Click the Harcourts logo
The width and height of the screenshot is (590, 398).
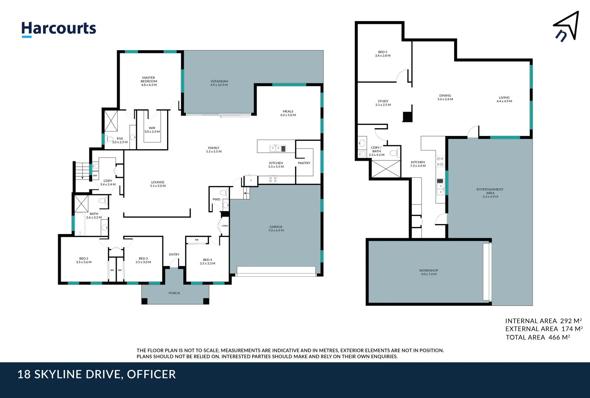coord(59,29)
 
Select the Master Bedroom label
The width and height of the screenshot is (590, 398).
coord(149,81)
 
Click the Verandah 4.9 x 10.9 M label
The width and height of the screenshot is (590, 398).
coord(219,83)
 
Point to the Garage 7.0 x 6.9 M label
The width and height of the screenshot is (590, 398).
coord(276,228)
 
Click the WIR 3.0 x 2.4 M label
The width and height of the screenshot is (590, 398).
coord(152,130)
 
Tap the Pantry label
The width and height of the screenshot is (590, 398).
coord(304,163)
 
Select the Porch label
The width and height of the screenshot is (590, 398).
coord(174,293)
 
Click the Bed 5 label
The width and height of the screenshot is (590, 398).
coord(383,54)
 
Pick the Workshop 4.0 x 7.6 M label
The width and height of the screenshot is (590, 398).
coord(428,272)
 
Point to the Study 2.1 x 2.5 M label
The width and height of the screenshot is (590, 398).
coord(383,103)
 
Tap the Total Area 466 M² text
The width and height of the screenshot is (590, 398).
coord(538,337)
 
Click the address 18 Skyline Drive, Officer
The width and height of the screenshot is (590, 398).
coord(97,374)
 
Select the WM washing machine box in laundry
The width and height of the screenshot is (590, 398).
coord(95,175)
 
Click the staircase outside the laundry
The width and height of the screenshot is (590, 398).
coord(82,171)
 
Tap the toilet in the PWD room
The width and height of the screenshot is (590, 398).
coord(223,193)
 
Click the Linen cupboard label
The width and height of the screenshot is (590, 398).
coord(225,226)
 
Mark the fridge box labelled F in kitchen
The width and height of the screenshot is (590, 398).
coord(251,181)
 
